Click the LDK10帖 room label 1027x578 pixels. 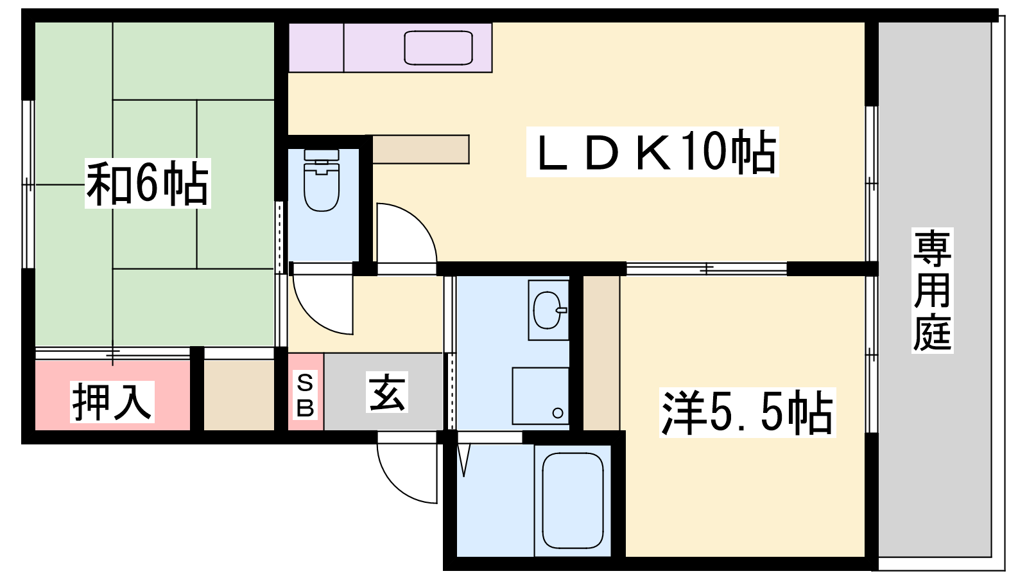652,152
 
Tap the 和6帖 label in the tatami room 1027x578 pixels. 148,184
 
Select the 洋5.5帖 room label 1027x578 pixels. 747,412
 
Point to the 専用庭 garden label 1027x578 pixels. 932,290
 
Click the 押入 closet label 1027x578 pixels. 112,402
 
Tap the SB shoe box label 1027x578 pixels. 306,396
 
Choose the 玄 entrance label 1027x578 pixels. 386,392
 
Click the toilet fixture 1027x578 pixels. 322,180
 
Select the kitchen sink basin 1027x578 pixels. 438,48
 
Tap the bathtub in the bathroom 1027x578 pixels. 573,500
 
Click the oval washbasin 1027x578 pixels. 548,310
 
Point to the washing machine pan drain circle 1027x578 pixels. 558,413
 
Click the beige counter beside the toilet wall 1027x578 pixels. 421,149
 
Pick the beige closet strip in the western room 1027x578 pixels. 601,353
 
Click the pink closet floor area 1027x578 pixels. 113,396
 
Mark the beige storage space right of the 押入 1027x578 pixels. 239,396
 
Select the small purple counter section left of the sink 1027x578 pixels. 316,48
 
